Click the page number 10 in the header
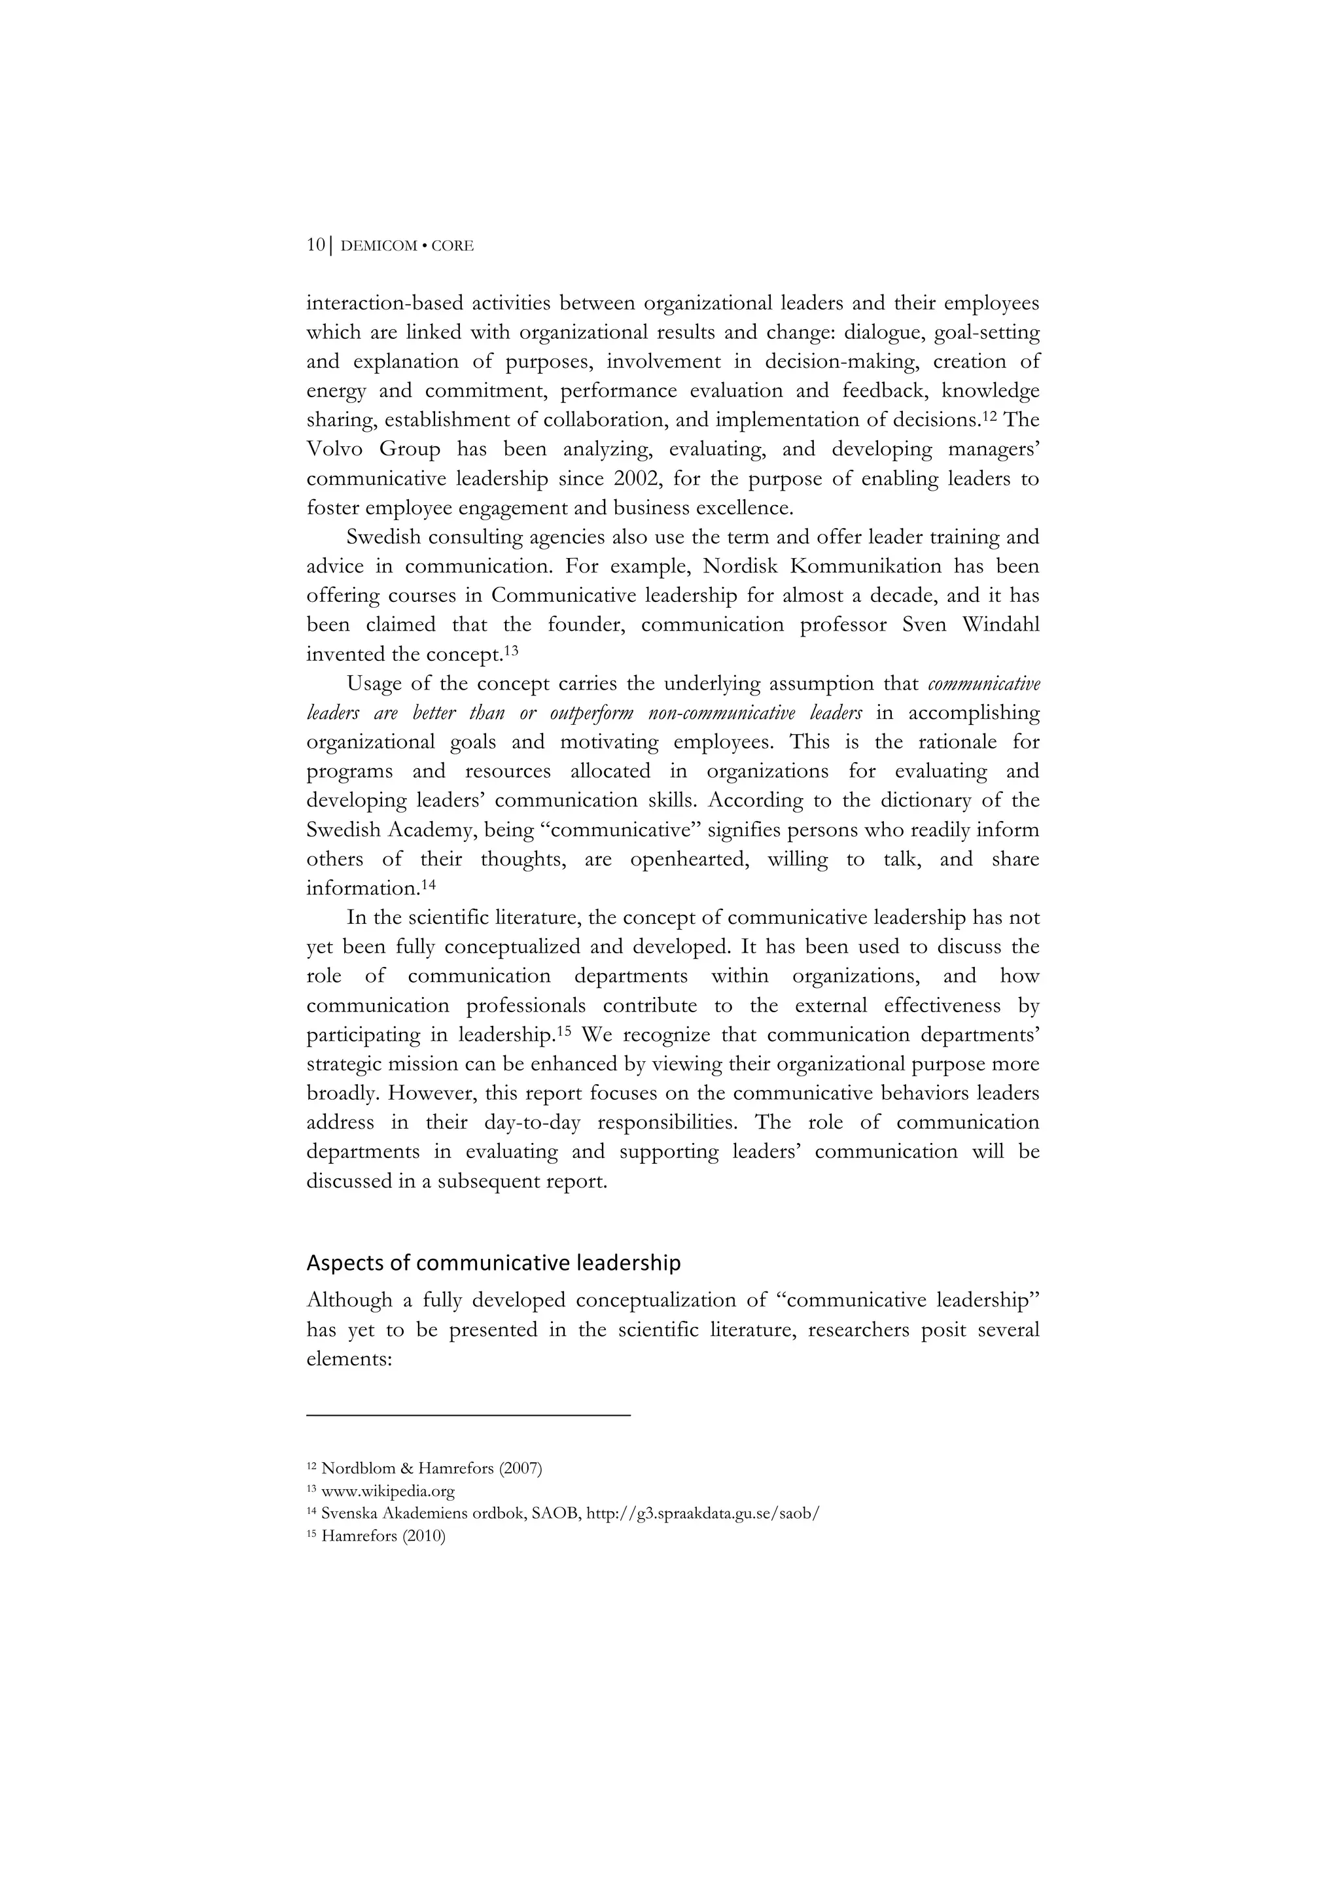(x=315, y=245)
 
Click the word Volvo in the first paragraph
(x=334, y=449)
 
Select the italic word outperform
(x=591, y=712)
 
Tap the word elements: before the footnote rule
(x=349, y=1358)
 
